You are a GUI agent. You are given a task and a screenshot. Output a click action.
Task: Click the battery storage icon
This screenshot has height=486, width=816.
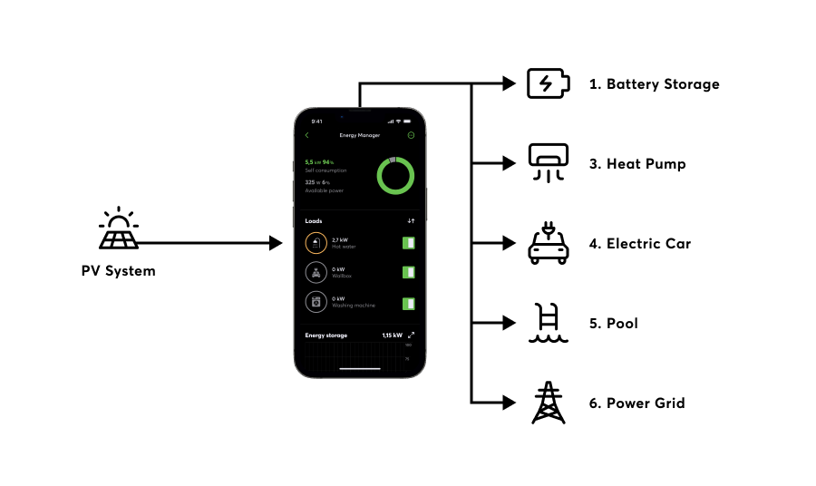(549, 84)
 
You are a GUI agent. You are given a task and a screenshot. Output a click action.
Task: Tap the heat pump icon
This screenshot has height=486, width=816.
(549, 164)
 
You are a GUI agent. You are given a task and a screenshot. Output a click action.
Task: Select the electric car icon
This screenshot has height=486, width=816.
(549, 244)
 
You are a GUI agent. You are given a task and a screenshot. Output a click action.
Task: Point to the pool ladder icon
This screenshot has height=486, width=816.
(549, 324)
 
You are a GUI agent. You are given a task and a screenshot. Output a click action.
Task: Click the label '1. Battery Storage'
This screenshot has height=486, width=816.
(654, 84)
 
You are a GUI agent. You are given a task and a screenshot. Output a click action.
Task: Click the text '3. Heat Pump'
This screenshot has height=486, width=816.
(637, 164)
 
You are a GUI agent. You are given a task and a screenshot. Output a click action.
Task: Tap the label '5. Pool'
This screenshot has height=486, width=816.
(613, 324)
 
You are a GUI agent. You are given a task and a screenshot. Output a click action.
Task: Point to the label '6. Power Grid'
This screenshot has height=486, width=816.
(636, 403)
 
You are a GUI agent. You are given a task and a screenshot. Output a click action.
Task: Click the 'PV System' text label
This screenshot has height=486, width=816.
(119, 271)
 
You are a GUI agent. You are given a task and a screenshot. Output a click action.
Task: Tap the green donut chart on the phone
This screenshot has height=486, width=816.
(395, 175)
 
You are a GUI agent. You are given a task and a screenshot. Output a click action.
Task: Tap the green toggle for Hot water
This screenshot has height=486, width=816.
(409, 243)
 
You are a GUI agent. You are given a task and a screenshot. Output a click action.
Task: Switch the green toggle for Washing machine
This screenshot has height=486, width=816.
(409, 303)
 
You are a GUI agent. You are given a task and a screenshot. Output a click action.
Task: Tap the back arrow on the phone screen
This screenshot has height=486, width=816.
(307, 136)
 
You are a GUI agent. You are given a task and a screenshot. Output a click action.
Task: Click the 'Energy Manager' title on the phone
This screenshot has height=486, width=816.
(360, 136)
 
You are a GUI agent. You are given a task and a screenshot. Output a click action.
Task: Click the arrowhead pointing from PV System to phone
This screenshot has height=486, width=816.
(277, 243)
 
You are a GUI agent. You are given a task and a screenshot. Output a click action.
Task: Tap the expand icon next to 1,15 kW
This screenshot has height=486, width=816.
(411, 335)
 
